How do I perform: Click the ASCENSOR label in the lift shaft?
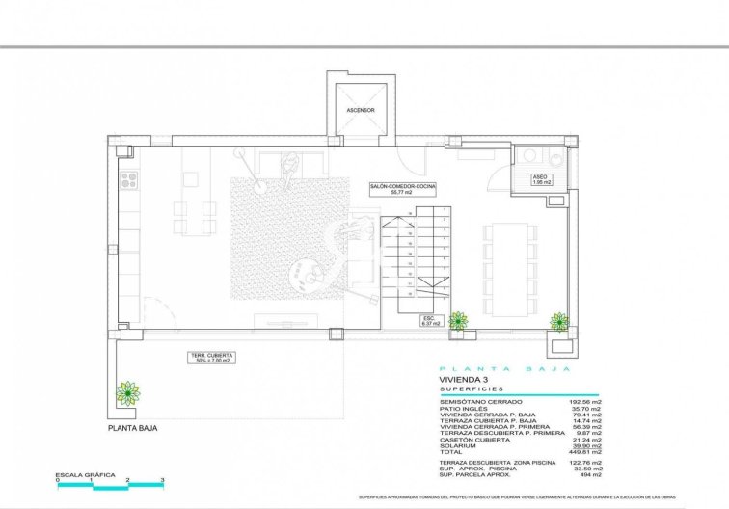click(x=360, y=111)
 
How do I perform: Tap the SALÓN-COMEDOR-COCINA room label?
click(x=402, y=188)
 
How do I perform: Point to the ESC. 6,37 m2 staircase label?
click(x=430, y=321)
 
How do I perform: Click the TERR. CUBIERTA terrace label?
click(x=209, y=358)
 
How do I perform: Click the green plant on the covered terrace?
click(x=127, y=392)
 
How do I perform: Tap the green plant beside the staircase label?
click(x=458, y=321)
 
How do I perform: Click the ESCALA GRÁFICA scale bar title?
click(x=86, y=474)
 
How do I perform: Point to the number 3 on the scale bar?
click(x=162, y=479)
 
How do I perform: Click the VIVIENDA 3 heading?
click(x=465, y=380)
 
